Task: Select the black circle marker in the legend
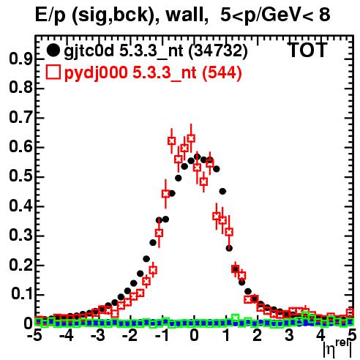(x=53, y=50)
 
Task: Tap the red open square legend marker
(x=53, y=72)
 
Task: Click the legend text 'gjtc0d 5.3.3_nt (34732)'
(x=156, y=51)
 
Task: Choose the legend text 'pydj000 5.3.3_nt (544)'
(x=153, y=72)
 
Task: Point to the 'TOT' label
(x=307, y=50)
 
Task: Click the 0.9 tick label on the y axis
(x=20, y=59)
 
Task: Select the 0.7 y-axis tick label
(x=20, y=118)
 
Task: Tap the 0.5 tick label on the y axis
(x=20, y=176)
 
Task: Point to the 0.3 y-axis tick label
(x=20, y=236)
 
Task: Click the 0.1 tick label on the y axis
(x=21, y=294)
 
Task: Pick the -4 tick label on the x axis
(x=67, y=335)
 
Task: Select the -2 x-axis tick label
(x=130, y=335)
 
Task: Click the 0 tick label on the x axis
(x=194, y=335)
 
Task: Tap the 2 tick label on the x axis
(x=258, y=335)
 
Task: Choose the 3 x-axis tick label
(x=289, y=335)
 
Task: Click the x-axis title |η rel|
(x=338, y=349)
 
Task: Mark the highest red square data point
(x=191, y=138)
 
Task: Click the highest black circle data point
(x=197, y=157)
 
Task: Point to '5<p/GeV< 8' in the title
(x=275, y=15)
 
